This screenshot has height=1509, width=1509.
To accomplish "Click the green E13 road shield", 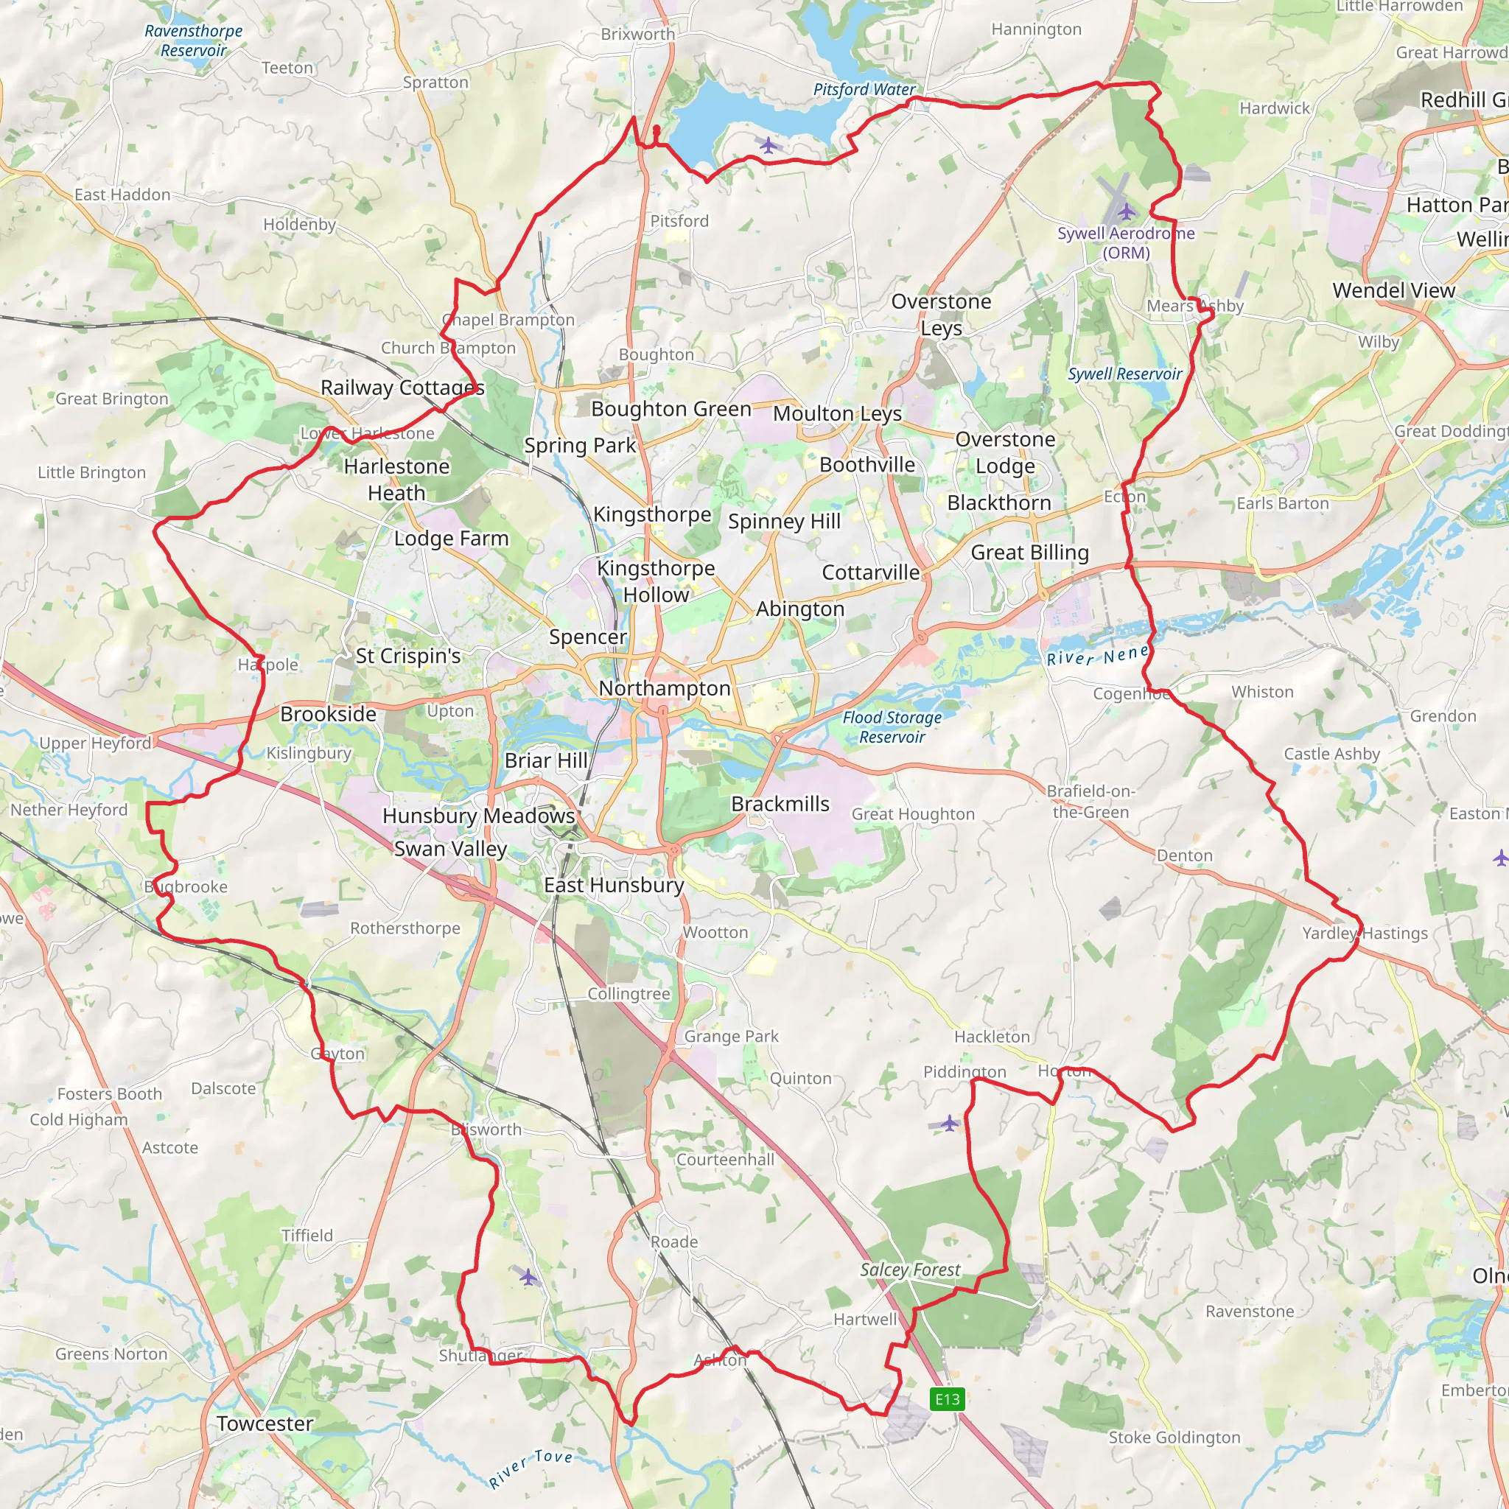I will (948, 1399).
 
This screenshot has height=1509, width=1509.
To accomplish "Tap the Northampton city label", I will (664, 688).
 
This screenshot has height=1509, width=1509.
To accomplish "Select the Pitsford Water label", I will (864, 90).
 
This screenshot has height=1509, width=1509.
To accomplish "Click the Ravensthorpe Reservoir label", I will (194, 41).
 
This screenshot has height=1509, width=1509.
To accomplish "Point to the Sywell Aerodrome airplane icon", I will (1127, 211).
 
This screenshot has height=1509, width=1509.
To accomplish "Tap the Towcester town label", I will (265, 1423).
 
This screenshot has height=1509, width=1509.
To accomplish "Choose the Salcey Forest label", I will (910, 1270).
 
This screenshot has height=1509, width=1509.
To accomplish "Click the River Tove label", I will (531, 1468).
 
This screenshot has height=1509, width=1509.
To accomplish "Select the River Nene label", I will (1097, 654).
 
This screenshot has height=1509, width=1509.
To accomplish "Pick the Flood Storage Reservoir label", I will (892, 727).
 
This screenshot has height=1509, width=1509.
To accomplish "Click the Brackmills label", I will (780, 804).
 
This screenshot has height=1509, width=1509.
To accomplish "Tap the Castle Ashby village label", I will (1331, 754).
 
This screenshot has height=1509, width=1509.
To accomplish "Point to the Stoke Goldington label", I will (1174, 1437).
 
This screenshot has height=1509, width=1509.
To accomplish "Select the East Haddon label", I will (122, 195).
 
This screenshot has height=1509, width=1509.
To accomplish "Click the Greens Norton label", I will (111, 1354).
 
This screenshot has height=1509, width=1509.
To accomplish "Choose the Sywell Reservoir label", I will (1124, 374).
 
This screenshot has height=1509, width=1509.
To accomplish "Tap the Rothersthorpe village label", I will (405, 928).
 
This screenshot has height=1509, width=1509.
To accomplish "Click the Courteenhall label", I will (725, 1159).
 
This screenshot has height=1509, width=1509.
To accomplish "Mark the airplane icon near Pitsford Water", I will (768, 145).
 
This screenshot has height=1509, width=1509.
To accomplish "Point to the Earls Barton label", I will (1283, 503).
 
